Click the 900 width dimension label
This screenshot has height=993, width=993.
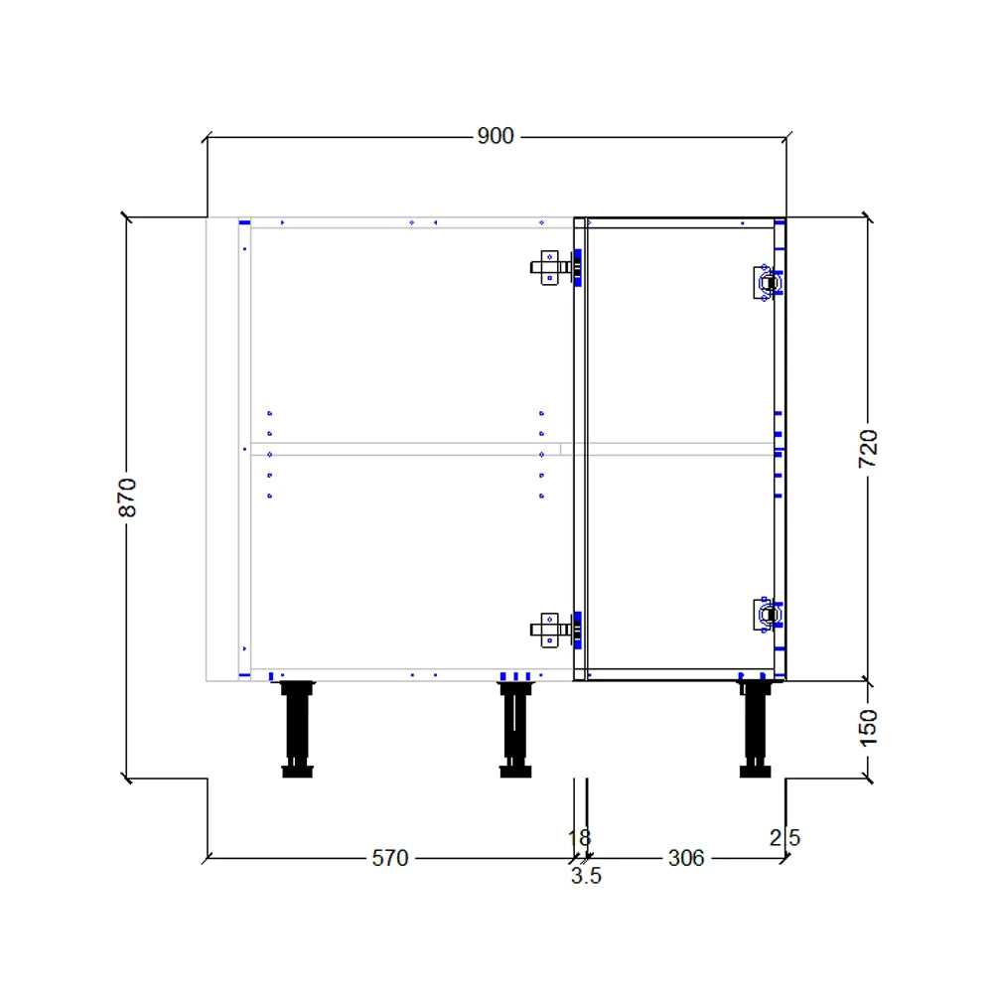point(496,136)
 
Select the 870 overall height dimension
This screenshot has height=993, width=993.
point(127,496)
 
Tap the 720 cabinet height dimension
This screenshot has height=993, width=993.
point(868,449)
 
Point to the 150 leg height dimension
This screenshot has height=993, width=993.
point(868,728)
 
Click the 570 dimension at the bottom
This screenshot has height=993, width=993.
point(389,858)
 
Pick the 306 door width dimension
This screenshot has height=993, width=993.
point(685,858)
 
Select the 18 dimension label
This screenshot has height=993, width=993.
point(579,838)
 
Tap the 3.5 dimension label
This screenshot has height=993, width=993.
point(586,877)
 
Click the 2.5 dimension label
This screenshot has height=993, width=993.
point(784,838)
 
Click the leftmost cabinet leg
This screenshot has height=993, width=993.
point(297,728)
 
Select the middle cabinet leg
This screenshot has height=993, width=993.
point(514,728)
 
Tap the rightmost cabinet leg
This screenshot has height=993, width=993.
point(755,728)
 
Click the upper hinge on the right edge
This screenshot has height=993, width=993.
point(766,282)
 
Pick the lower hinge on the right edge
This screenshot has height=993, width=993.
point(766,616)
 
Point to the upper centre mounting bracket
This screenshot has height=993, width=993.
point(549,267)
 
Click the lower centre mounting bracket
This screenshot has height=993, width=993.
point(549,629)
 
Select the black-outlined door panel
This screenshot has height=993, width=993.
point(680,449)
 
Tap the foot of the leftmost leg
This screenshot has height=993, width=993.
point(297,771)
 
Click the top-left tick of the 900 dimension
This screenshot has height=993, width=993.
point(207,137)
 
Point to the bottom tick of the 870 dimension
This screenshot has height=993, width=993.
point(127,778)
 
